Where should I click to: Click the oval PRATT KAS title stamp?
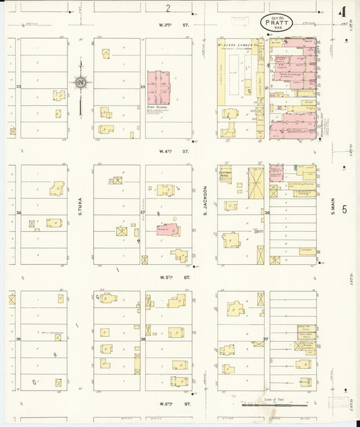point(275,22)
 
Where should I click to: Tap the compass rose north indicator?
point(80,82)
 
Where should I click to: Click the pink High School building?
point(159,86)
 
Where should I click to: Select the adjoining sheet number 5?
point(344,209)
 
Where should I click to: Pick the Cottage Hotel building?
point(226,176)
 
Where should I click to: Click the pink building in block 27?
point(168,230)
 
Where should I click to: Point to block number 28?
point(267,214)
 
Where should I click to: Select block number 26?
point(19,214)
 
